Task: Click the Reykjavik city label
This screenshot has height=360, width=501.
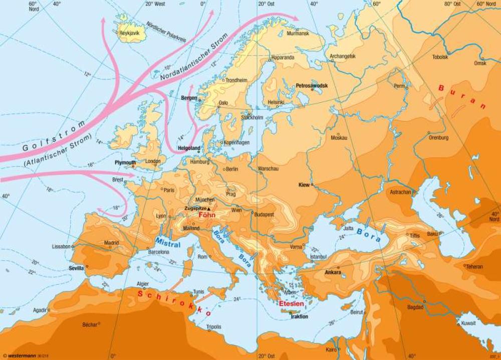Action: pos(130,34)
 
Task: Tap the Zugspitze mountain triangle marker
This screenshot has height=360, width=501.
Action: pos(209,208)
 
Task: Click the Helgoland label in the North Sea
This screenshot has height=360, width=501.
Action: pos(189,148)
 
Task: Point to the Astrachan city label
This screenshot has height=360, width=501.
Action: pos(400,192)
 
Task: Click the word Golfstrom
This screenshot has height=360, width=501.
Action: pos(53,135)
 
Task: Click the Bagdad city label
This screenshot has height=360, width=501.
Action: pos(415,306)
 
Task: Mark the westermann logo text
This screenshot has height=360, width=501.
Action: pos(24,355)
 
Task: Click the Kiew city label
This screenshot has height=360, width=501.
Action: pos(304,184)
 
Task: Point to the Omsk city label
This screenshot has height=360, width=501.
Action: pos(480,63)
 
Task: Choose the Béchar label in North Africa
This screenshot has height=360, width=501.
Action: pos(90,324)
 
